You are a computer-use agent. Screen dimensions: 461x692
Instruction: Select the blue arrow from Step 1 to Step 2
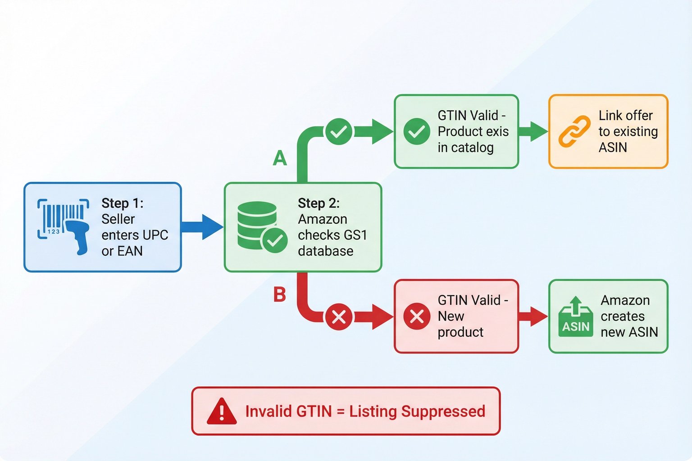click(202, 227)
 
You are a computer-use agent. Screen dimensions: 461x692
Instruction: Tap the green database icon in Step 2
click(261, 226)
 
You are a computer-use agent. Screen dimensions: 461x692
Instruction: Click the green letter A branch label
click(280, 158)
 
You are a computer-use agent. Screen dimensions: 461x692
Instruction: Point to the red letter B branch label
click(280, 295)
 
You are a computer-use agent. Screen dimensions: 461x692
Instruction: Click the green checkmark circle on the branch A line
click(339, 131)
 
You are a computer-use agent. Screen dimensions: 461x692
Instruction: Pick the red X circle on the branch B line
click(339, 317)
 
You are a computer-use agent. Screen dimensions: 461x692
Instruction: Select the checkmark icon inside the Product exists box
click(416, 131)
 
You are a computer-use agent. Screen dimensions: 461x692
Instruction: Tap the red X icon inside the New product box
click(416, 316)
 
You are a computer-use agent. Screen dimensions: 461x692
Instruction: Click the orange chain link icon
click(574, 131)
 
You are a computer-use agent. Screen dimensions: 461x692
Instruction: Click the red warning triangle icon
click(221, 411)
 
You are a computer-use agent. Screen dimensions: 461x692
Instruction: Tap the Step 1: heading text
click(122, 203)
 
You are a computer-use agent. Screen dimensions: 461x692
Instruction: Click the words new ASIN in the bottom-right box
click(629, 332)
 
